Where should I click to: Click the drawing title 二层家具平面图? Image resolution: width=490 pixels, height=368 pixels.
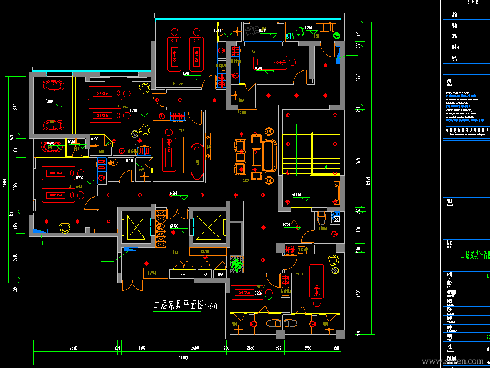[179, 305]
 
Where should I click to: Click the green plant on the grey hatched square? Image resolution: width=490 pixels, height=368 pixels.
[236, 264]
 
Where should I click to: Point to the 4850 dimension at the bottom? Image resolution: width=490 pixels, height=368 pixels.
[73, 347]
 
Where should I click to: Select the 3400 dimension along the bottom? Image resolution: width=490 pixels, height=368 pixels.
[195, 347]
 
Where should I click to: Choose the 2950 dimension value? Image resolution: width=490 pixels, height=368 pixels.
[308, 347]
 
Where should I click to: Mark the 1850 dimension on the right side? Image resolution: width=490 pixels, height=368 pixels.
[358, 229]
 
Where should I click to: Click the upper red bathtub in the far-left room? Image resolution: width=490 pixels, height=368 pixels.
[53, 86]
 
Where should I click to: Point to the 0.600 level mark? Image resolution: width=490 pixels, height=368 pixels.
[49, 102]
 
